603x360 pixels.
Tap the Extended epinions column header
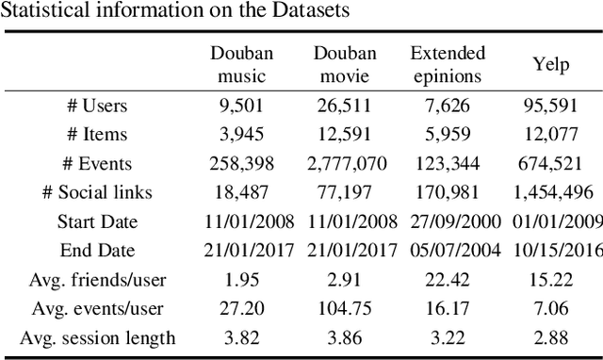[448, 63]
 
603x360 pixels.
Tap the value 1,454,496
[555, 193]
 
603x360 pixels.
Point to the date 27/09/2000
[448, 222]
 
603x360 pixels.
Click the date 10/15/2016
[557, 251]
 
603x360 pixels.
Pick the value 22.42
[448, 280]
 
